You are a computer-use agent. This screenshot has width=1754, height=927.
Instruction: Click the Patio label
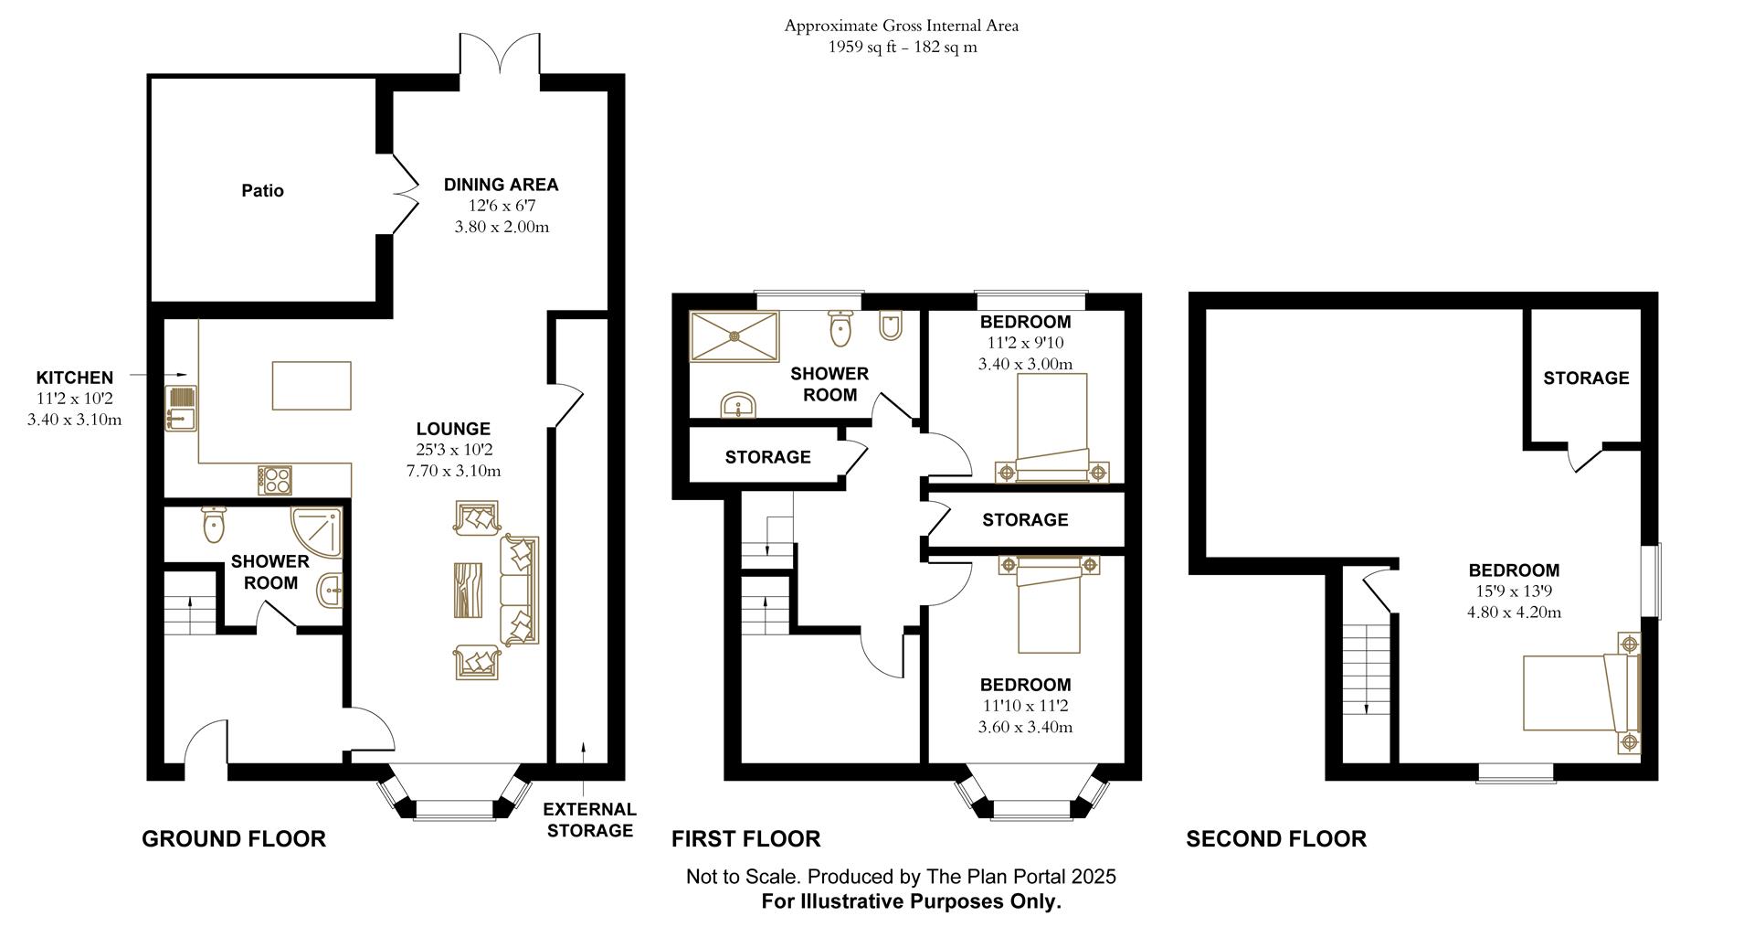(262, 190)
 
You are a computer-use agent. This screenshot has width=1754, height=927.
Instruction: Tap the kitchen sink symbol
(181, 408)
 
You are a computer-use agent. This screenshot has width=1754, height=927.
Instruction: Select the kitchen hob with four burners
(275, 481)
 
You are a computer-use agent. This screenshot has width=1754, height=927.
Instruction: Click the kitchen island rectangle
(312, 386)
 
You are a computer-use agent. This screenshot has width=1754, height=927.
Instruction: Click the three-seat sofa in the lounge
(519, 591)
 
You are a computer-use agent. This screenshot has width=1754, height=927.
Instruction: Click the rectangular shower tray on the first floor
(734, 336)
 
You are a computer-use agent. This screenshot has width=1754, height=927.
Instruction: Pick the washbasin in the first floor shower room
(738, 405)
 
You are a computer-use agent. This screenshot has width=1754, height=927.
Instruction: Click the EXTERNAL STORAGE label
(589, 820)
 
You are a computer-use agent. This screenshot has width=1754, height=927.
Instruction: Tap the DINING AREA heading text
(501, 185)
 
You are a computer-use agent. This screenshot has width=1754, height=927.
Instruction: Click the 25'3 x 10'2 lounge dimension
(453, 450)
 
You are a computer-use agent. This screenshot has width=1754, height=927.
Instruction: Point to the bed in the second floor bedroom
(1582, 692)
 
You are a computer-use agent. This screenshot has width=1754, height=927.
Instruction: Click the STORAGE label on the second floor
(1586, 378)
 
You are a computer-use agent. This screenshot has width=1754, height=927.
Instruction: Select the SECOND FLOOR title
(1276, 839)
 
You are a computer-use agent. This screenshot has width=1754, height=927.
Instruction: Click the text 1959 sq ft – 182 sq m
(902, 48)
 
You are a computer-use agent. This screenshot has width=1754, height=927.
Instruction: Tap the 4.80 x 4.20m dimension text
(1514, 613)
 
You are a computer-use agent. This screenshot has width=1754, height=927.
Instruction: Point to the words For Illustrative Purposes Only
(912, 902)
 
